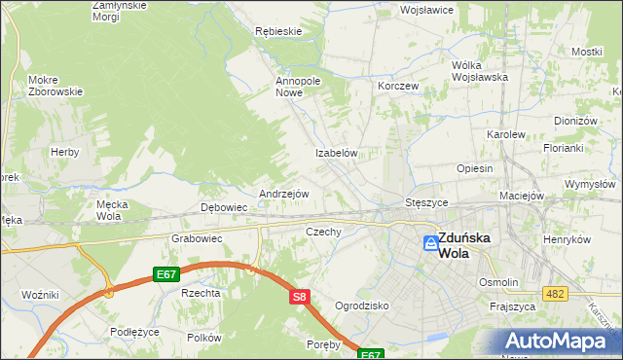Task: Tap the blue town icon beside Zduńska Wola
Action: tap(429, 243)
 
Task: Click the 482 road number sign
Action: tap(556, 294)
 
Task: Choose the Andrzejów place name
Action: tap(283, 194)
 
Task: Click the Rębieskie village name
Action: tap(277, 31)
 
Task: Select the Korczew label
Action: tap(398, 86)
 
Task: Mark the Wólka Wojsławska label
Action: tap(481, 71)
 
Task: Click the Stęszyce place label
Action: tap(425, 202)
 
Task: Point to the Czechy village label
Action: tap(323, 232)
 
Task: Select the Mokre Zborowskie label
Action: tap(55, 85)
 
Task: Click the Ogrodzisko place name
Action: tap(362, 306)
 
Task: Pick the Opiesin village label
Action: tap(475, 168)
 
